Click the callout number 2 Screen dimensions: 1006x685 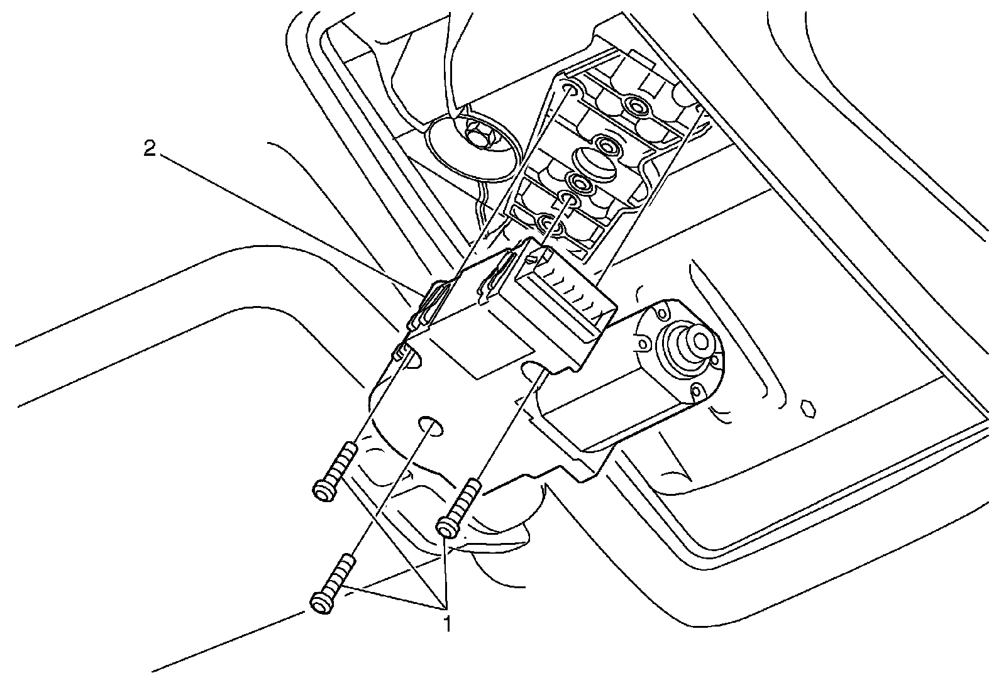pos(149,150)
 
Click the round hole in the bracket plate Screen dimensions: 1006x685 pos(431,424)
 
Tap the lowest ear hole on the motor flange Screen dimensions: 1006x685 pos(697,393)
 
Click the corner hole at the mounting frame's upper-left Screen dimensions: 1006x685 pos(568,88)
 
